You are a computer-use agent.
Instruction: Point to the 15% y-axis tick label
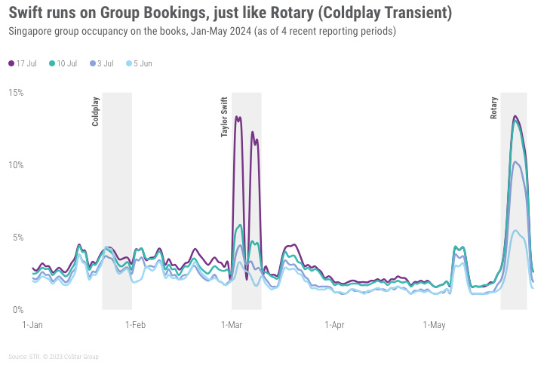pyautogui.click(x=16, y=93)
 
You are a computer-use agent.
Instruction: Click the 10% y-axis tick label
pyautogui.click(x=16, y=165)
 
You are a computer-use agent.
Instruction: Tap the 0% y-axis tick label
pyautogui.click(x=18, y=310)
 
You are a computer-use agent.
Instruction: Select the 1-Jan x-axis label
pyautogui.click(x=32, y=325)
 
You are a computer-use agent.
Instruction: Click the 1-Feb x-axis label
pyautogui.click(x=135, y=325)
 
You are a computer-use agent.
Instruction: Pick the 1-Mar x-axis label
pyautogui.click(x=231, y=325)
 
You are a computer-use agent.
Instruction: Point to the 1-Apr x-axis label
pyautogui.click(x=334, y=325)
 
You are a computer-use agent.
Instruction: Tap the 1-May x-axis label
pyautogui.click(x=434, y=325)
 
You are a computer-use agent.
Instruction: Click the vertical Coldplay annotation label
pyautogui.click(x=96, y=112)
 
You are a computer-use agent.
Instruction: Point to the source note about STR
pyautogui.click(x=52, y=356)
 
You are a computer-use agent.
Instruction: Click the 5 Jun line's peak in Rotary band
pyautogui.click(x=515, y=231)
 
